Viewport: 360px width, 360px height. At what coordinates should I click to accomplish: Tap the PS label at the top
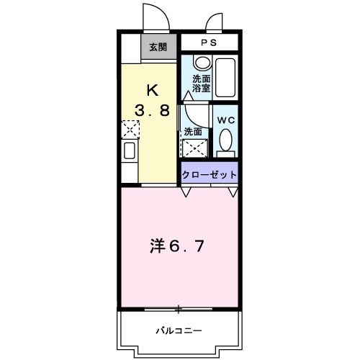pos(209,43)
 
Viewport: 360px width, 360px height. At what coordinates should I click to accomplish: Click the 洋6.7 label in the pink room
pos(178,246)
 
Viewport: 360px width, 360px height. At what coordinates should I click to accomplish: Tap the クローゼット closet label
pos(209,175)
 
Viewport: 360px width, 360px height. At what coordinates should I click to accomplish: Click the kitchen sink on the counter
pos(130,151)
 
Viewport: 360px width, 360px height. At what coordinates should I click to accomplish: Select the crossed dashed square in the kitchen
pos(130,130)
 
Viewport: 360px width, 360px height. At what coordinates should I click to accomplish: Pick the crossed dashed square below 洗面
pos(194,148)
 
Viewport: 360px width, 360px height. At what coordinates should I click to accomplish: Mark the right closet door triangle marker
pos(233,192)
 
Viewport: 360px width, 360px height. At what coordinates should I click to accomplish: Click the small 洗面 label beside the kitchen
pos(193,132)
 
